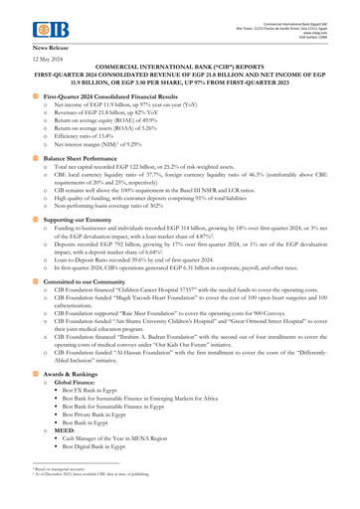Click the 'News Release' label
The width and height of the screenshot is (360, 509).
tap(55, 47)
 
